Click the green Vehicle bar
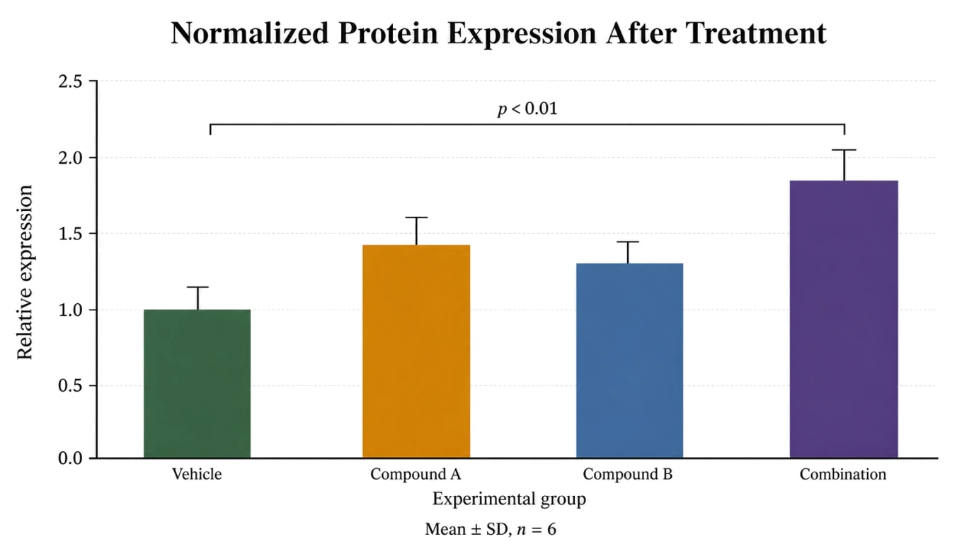pyautogui.click(x=197, y=383)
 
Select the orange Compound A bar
pyautogui.click(x=416, y=351)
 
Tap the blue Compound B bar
pyautogui.click(x=629, y=361)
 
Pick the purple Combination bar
pyautogui.click(x=844, y=319)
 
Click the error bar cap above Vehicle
pyautogui.click(x=198, y=288)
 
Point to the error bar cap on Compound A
pyautogui.click(x=416, y=217)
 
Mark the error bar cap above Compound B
pyautogui.click(x=628, y=242)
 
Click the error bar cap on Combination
pyautogui.click(x=844, y=149)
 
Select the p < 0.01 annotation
pyautogui.click(x=527, y=109)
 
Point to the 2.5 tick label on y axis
pyautogui.click(x=71, y=81)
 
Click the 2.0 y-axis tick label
pyautogui.click(x=71, y=158)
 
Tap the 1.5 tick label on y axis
pyautogui.click(x=71, y=234)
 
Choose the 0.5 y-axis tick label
pyautogui.click(x=71, y=385)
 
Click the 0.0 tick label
pyautogui.click(x=71, y=458)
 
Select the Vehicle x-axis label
pyautogui.click(x=197, y=474)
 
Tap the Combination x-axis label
pyautogui.click(x=842, y=474)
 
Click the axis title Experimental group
pyautogui.click(x=509, y=499)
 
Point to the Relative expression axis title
pyautogui.click(x=24, y=273)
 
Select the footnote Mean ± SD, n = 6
pyautogui.click(x=491, y=529)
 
